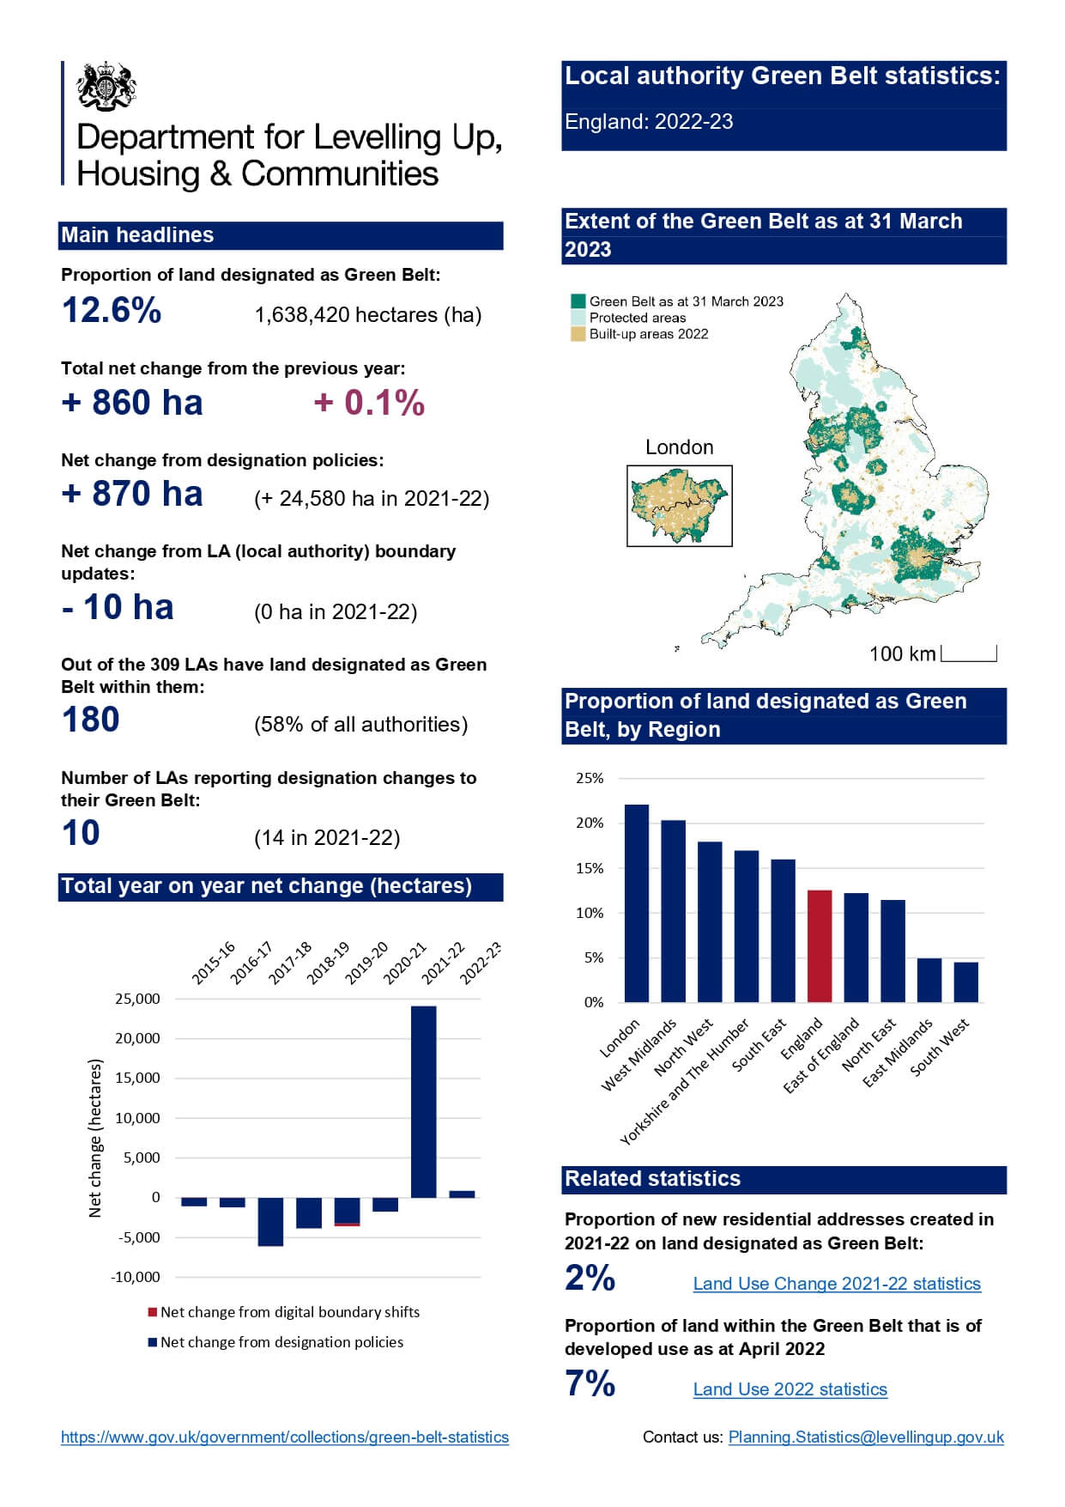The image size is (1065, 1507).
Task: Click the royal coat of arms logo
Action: point(106,86)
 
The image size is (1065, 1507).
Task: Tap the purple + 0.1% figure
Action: point(369,403)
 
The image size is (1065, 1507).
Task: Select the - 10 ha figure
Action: point(118,608)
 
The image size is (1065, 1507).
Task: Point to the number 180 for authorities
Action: point(90,720)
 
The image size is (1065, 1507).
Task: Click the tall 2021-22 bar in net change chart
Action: point(423,1101)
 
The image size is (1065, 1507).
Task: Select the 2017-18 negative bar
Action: point(270,1221)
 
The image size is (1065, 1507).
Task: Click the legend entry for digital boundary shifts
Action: point(283,1312)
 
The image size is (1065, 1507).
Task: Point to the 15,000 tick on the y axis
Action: point(137,1078)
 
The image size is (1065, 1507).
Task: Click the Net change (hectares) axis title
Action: point(95,1138)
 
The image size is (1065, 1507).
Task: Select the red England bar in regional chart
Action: point(820,946)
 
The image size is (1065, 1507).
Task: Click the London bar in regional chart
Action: point(637,903)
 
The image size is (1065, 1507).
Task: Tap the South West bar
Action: point(965,981)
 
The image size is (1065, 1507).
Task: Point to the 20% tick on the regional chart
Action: point(590,823)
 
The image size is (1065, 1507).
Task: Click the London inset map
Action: point(679,506)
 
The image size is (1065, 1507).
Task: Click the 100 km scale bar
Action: point(969,655)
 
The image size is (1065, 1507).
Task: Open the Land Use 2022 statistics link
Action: point(790,1389)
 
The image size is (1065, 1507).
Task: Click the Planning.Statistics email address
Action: point(866,1437)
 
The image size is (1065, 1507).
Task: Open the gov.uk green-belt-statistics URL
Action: point(285,1437)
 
